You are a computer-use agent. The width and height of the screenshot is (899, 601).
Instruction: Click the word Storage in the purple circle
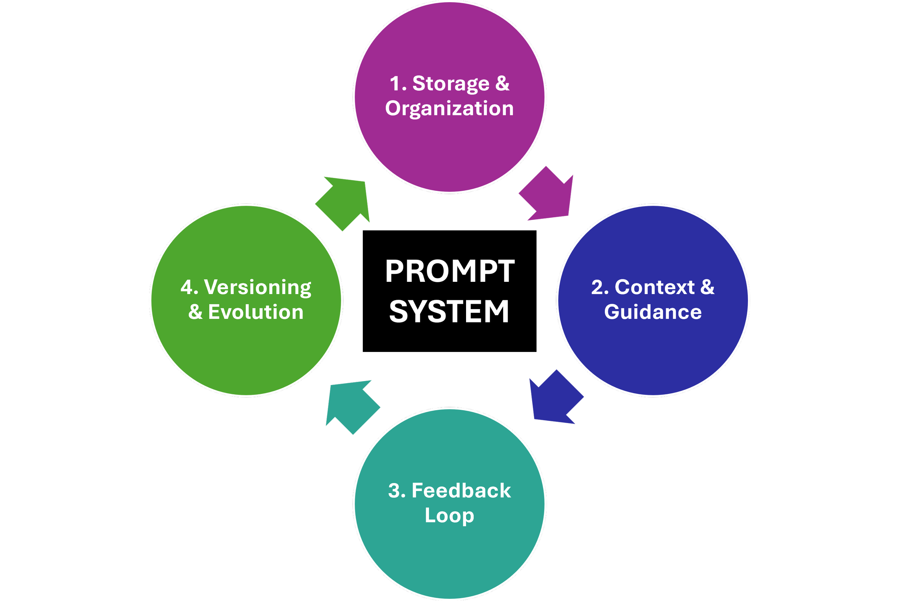(x=451, y=84)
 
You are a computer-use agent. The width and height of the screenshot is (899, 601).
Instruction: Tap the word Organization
(x=449, y=109)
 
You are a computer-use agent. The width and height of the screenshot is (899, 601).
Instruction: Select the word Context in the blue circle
(x=654, y=287)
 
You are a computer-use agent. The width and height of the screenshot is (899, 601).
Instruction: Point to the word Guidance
(x=653, y=312)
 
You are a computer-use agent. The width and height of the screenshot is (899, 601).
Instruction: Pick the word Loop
(x=449, y=515)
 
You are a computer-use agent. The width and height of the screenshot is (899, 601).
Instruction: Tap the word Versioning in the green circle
(x=257, y=288)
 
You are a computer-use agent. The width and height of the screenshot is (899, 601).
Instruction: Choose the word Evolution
(x=256, y=312)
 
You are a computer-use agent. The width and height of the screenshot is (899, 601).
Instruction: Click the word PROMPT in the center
(x=450, y=271)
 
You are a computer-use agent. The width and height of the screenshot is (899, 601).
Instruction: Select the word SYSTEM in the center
(x=449, y=311)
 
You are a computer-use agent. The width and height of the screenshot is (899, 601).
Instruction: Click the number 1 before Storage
(x=395, y=84)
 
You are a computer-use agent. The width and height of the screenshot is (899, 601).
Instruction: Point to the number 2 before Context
(x=597, y=288)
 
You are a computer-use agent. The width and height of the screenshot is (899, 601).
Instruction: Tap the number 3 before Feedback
(x=394, y=491)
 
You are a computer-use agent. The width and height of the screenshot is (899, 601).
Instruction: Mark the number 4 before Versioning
(x=187, y=288)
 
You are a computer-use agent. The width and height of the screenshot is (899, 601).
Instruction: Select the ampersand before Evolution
(x=195, y=312)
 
